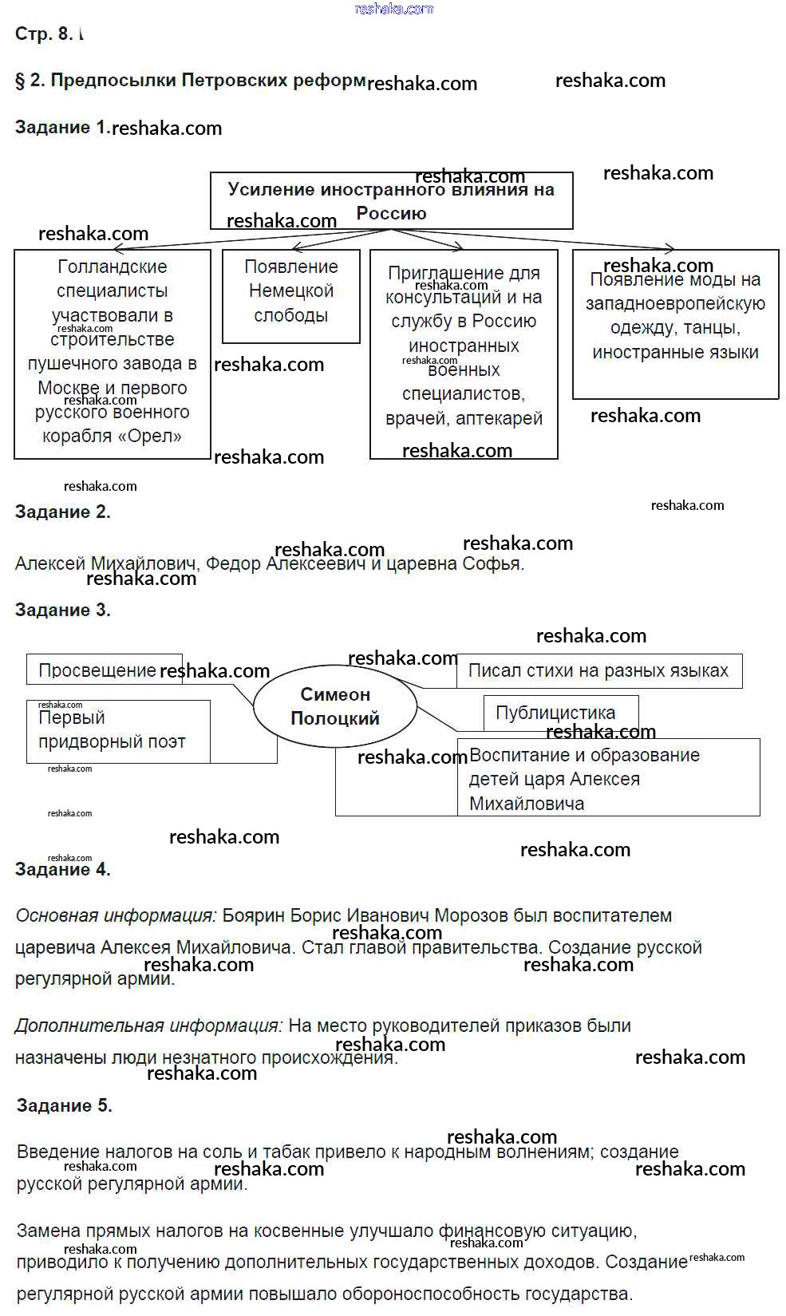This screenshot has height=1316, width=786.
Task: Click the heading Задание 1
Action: coord(62,128)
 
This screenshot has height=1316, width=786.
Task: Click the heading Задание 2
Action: coord(62,512)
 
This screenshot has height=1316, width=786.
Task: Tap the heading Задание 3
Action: coord(62,611)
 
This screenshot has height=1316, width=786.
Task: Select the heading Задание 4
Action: coord(62,870)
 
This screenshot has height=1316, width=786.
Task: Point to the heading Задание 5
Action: coord(64,1106)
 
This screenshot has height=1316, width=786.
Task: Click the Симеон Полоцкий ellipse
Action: coord(335,706)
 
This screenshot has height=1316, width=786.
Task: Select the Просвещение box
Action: coord(97,670)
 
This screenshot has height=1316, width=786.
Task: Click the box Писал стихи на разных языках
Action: coord(598,670)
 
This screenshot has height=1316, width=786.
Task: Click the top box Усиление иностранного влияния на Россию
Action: coord(391,201)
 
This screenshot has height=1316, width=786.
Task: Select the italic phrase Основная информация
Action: coord(116,916)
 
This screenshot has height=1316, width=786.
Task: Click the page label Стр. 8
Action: coord(44,34)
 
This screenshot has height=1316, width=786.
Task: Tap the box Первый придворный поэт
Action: coord(112,730)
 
